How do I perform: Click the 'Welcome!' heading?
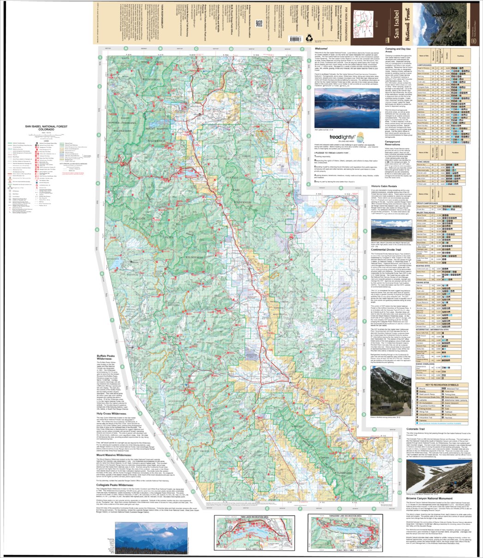[321, 48]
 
